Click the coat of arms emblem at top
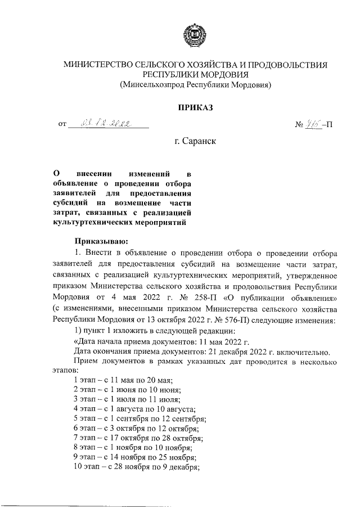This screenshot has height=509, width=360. tap(195, 37)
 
